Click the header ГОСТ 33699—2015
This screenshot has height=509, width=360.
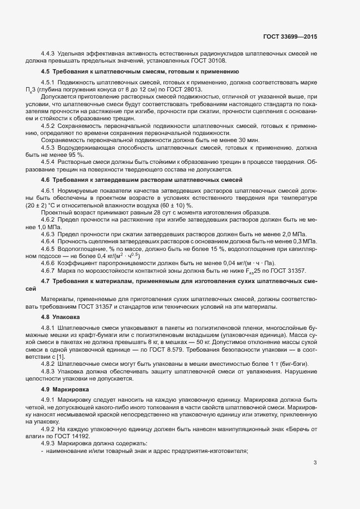[x=290, y=36]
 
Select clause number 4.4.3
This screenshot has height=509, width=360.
[x=50, y=53]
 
